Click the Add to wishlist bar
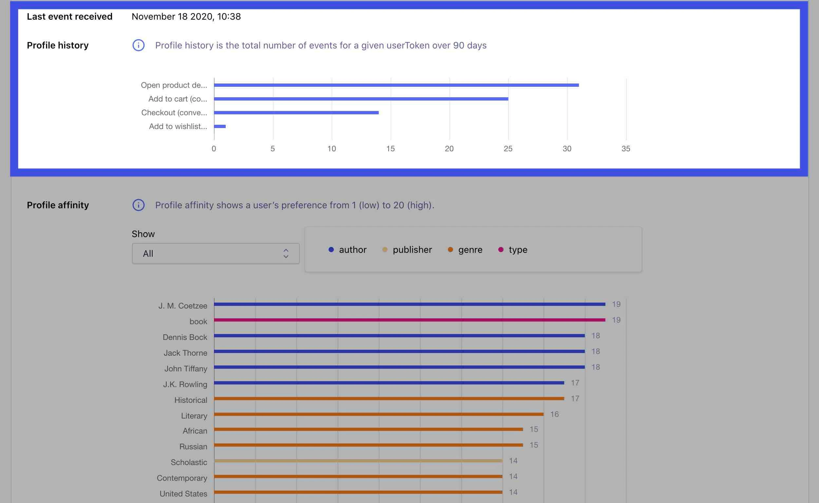[x=220, y=126]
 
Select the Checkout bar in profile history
[x=296, y=112]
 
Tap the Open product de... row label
[x=174, y=85]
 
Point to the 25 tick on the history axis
[x=508, y=149]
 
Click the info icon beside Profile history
[x=139, y=45]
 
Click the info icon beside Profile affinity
[x=139, y=205]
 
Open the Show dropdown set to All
[x=215, y=253]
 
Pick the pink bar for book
[x=409, y=320]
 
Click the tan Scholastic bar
[x=358, y=461]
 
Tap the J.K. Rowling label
[x=185, y=384]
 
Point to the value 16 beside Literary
[x=554, y=414]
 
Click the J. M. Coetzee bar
[x=409, y=304]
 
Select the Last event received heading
[x=69, y=16]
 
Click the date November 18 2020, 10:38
[x=186, y=16]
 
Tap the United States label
[x=183, y=494]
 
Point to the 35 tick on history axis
[x=626, y=149]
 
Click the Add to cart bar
[x=361, y=99]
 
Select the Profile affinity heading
[x=58, y=205]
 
